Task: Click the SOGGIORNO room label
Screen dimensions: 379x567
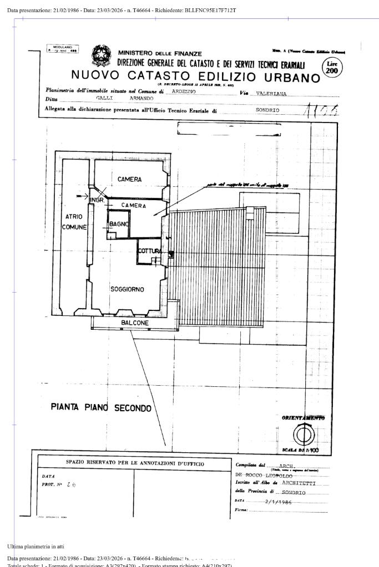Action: pyautogui.click(x=127, y=289)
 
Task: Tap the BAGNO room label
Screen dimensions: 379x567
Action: pyautogui.click(x=119, y=224)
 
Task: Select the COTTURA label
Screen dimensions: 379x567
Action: pyautogui.click(x=149, y=251)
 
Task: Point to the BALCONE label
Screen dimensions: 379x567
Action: pyautogui.click(x=135, y=323)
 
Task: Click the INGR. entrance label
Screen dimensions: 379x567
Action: pyautogui.click(x=97, y=199)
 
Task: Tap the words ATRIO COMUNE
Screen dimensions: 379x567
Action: pyautogui.click(x=74, y=222)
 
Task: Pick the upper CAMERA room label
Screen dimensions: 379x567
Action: pyautogui.click(x=129, y=180)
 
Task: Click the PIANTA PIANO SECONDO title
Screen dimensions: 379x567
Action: pyautogui.click(x=101, y=408)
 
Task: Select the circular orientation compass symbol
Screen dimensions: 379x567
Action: pyautogui.click(x=303, y=435)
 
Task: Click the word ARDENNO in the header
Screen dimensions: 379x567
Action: pyautogui.click(x=184, y=91)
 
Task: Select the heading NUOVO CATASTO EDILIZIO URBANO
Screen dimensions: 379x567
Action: pyautogui.click(x=196, y=76)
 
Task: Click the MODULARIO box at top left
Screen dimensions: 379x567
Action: pyautogui.click(x=63, y=48)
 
